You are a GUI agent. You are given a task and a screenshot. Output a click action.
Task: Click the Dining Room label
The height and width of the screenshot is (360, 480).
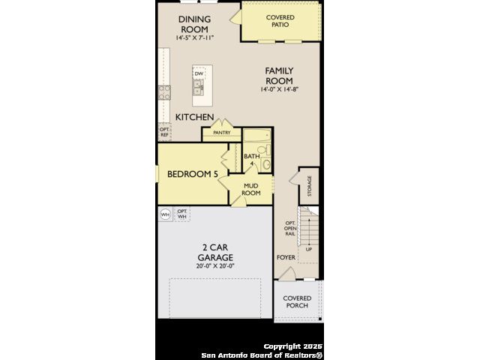(194, 24)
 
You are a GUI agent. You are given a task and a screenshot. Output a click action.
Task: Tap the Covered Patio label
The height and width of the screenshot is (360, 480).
(280, 21)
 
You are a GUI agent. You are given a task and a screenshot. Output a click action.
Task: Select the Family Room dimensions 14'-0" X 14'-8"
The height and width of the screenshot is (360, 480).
(279, 89)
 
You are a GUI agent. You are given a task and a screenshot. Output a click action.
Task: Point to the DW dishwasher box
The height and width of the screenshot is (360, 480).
(199, 73)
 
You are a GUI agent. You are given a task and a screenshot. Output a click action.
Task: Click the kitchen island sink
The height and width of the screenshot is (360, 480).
(198, 87)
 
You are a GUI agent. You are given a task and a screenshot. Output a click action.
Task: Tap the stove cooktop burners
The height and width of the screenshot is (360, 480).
(164, 93)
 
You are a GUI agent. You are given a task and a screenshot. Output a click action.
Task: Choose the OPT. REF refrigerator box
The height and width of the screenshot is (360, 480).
(164, 132)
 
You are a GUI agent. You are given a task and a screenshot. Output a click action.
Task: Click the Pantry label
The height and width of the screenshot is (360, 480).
(222, 133)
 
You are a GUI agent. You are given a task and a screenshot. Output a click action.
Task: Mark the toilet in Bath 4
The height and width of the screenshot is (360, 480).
(265, 150)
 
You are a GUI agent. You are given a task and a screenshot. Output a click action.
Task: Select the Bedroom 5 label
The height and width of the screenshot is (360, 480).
(193, 174)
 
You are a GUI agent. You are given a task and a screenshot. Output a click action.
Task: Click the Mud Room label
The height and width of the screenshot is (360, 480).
(251, 190)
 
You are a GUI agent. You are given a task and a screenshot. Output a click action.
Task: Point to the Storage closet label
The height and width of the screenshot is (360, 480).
(310, 186)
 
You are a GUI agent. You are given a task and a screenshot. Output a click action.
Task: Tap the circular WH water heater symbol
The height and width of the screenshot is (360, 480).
(165, 214)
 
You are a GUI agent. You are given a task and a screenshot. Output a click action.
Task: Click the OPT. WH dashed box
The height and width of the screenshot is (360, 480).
(181, 214)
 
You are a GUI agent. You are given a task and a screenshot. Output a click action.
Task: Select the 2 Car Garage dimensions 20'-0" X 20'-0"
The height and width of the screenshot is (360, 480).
(215, 266)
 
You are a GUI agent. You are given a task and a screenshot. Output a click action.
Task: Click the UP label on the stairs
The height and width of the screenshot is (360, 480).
(309, 250)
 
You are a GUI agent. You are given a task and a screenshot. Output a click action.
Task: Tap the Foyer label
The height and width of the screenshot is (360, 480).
(286, 257)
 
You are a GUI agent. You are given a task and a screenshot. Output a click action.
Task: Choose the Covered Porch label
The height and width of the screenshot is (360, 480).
(297, 301)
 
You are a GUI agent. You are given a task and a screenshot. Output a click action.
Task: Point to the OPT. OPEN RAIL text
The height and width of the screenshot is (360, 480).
(290, 228)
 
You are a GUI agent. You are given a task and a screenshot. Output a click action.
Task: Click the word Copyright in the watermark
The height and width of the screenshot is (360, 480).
(282, 346)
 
